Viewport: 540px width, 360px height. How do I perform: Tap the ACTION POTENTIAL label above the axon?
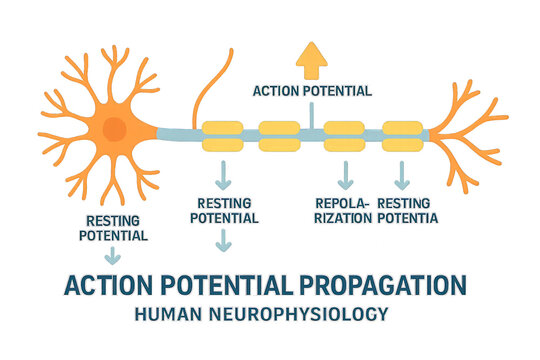click(312, 91)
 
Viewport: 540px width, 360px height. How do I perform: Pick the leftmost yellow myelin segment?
click(222, 135)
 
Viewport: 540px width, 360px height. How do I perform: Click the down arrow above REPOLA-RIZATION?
click(345, 176)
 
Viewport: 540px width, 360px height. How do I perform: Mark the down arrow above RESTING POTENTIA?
click(403, 176)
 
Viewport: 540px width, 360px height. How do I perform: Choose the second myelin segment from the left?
click(280, 134)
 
